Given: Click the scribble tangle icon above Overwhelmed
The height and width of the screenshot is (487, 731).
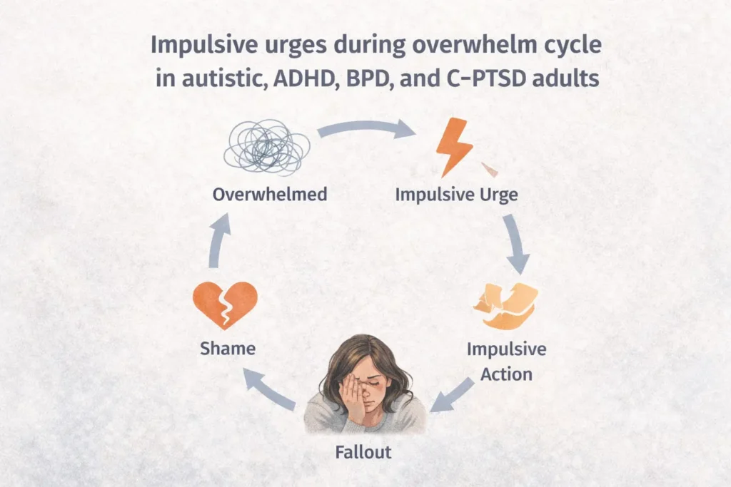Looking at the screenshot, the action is tap(267, 147).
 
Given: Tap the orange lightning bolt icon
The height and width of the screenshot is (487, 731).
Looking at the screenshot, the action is tap(454, 145).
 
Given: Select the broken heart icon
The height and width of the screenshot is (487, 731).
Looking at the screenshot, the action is tap(225, 305).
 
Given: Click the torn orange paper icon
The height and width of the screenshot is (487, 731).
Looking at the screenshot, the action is tap(506, 306).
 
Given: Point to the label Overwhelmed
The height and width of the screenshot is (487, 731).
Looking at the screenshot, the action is tap(270, 194).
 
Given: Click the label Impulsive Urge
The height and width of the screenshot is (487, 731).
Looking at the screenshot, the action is tap(456, 195).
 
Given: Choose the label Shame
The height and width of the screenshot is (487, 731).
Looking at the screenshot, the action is tap(228, 348).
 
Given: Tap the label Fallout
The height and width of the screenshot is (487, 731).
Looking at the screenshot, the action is tap(363, 452).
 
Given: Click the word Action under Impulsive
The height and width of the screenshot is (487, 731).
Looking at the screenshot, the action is tap(506, 374).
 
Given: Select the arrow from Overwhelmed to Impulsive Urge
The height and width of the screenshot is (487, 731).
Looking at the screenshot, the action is tap(366, 127).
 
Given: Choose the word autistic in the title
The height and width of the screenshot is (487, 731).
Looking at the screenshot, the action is tap(224, 78).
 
